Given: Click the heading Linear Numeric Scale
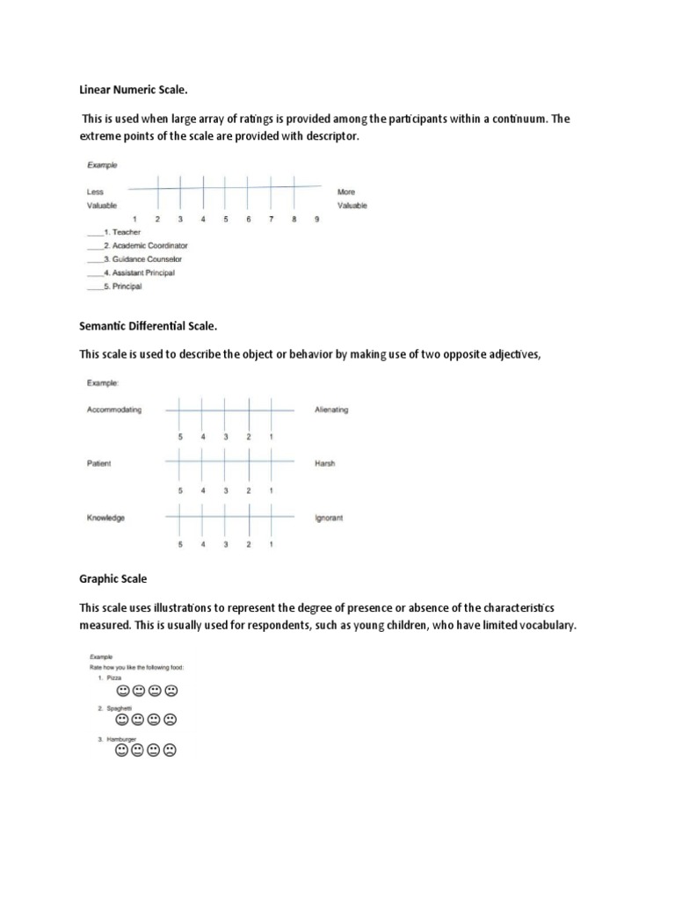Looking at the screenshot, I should [134, 88].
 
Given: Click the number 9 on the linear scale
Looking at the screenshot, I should [316, 220].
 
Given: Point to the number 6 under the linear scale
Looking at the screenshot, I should [248, 220].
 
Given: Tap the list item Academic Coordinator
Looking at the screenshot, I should [149, 246].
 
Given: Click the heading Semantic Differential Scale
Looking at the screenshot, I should [148, 326].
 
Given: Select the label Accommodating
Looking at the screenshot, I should [114, 410].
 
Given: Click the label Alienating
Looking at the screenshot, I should [331, 410].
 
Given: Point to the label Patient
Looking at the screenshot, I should [99, 464].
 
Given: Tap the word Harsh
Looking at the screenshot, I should [325, 464].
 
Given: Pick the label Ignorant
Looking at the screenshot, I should [329, 518].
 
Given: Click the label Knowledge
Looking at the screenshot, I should [105, 518].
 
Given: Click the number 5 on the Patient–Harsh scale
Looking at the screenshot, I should [180, 490].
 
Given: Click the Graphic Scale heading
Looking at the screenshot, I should [113, 579].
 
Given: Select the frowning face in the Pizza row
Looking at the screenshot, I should [171, 691].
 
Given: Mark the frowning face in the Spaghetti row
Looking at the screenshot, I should [171, 720].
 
